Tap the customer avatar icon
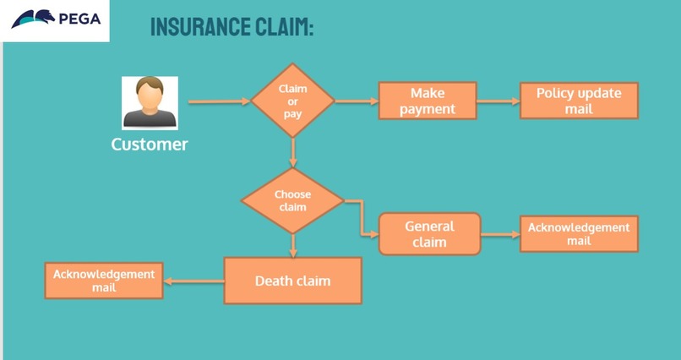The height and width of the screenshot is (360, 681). (x=150, y=102)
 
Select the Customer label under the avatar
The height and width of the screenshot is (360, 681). (x=150, y=145)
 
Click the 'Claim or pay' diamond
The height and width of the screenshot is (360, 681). (x=292, y=101)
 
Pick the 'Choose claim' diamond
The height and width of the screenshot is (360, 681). (x=292, y=200)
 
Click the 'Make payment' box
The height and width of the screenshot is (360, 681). (x=428, y=101)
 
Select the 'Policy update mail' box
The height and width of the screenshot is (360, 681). (x=579, y=101)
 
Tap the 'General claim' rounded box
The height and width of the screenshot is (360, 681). (x=429, y=233)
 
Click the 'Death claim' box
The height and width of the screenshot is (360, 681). (x=292, y=281)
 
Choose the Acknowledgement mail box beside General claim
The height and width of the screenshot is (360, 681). (x=579, y=233)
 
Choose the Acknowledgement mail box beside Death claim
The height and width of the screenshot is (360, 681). (x=103, y=281)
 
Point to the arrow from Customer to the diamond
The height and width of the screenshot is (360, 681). (x=218, y=102)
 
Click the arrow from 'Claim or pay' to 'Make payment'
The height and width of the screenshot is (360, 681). (x=356, y=101)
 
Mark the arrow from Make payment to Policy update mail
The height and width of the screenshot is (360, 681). (x=498, y=101)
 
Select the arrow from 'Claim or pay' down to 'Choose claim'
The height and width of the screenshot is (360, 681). (x=292, y=150)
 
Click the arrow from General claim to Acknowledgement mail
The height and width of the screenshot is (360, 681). (x=499, y=233)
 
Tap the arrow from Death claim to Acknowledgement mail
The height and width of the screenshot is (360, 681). (x=193, y=281)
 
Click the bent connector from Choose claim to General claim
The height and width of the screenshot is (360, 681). (x=361, y=218)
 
